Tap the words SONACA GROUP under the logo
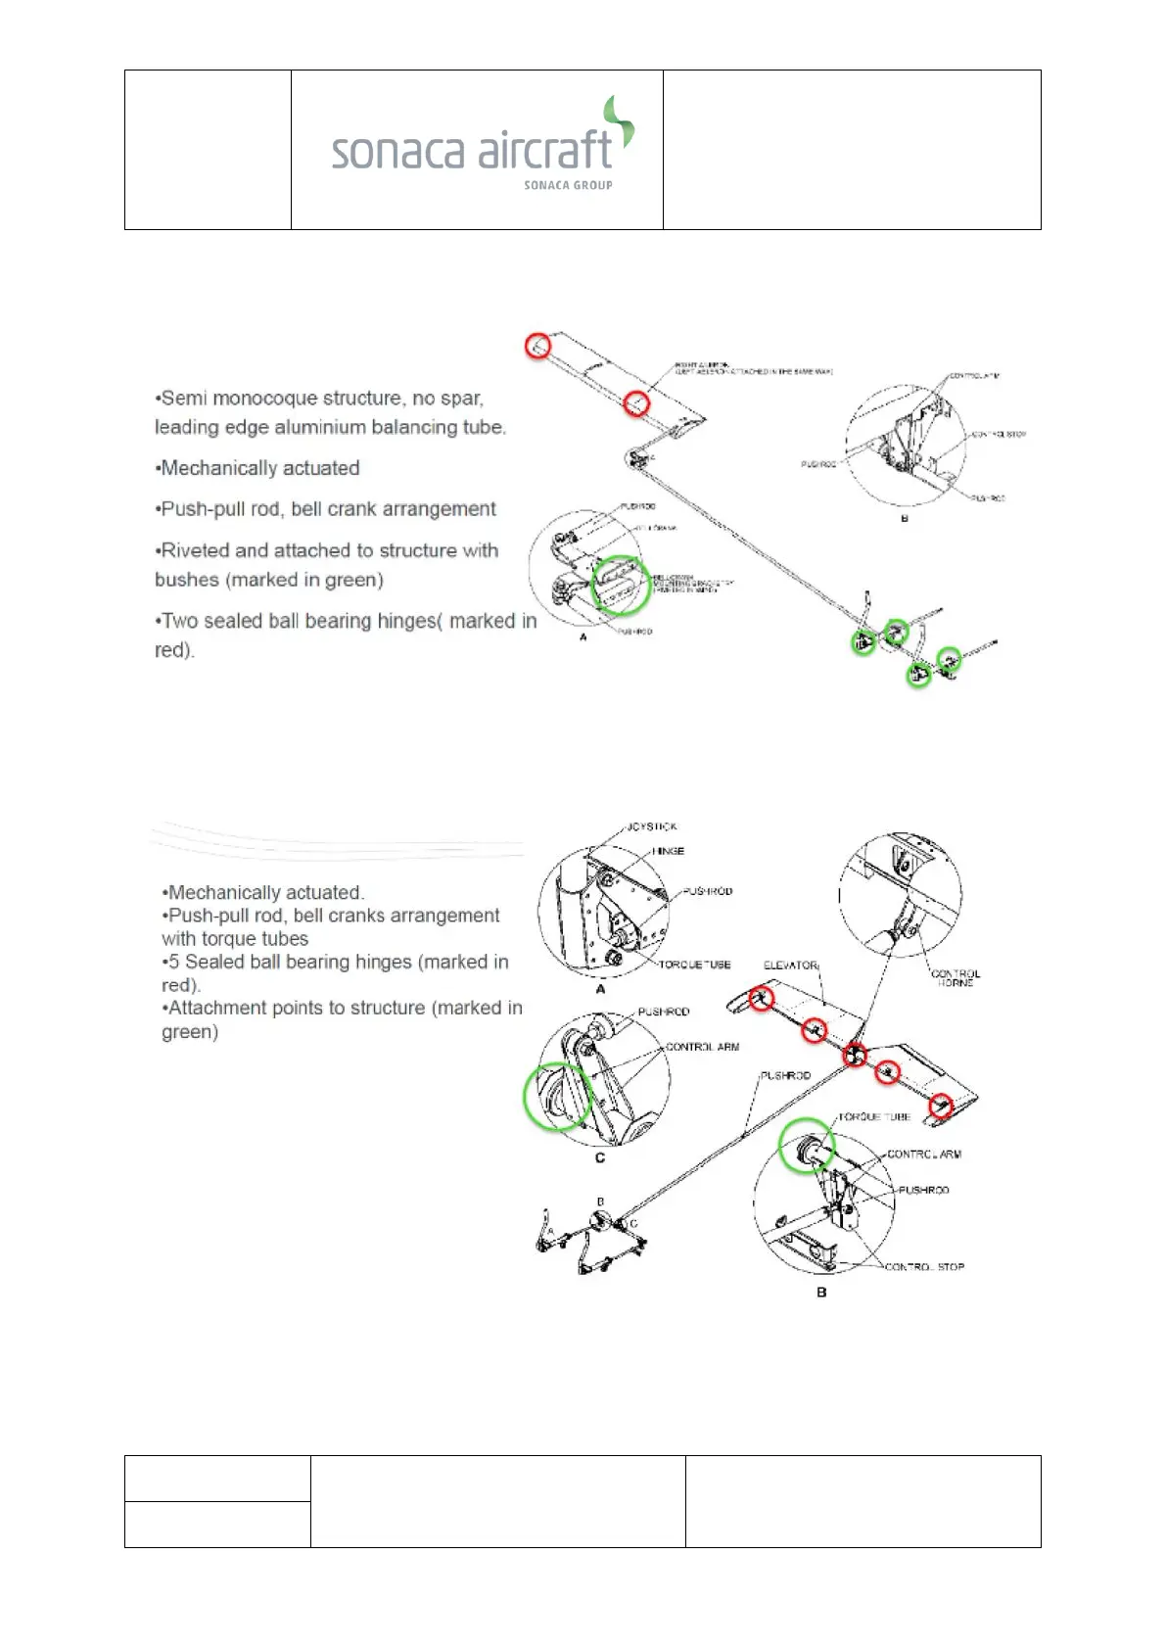point(568,185)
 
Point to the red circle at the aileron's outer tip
point(537,345)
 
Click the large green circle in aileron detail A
point(621,586)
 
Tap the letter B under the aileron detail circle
point(904,518)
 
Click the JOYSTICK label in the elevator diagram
point(652,826)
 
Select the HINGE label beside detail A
point(669,851)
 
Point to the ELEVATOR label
point(790,965)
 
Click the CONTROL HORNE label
point(955,978)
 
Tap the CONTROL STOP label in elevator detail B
point(924,1266)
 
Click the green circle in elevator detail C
point(558,1097)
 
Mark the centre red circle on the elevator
point(855,1055)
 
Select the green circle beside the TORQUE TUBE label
point(807,1146)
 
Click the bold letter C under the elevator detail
point(600,1157)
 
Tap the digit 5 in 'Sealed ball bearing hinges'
point(173,962)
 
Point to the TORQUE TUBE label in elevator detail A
point(694,965)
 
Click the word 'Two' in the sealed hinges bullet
point(181,621)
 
